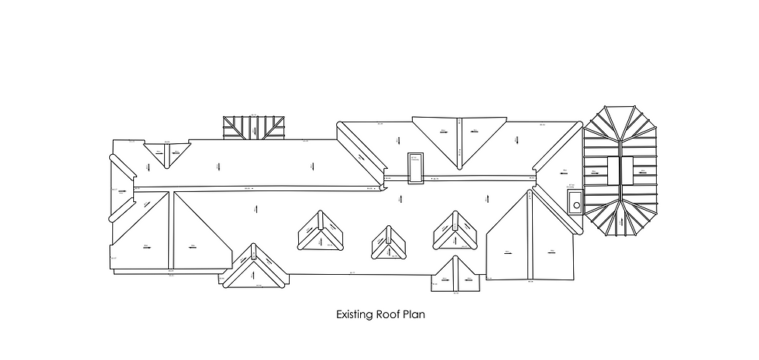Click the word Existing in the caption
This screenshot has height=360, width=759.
click(355, 315)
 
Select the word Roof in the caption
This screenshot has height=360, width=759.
click(390, 315)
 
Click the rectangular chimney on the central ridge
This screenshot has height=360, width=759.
click(417, 168)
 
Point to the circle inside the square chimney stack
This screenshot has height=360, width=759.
click(575, 205)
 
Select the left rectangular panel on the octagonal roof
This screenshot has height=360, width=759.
click(613, 170)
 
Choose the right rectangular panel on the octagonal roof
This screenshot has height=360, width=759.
click(628, 170)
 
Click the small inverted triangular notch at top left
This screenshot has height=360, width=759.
click(167, 153)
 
